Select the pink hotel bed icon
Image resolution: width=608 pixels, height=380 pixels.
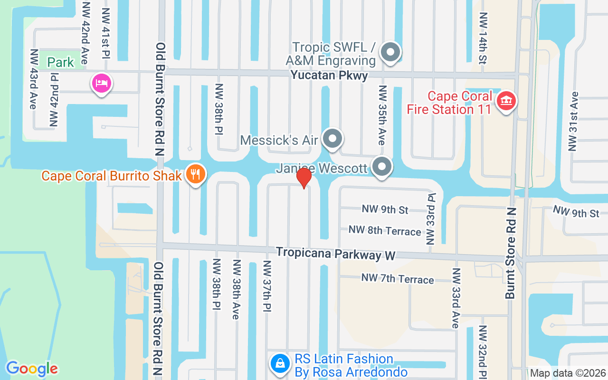point(101,84)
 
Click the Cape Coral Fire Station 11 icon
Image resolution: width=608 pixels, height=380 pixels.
point(506,101)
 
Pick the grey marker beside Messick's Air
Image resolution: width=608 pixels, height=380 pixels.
point(332,139)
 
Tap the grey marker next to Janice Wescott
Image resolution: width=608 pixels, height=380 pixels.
point(381,167)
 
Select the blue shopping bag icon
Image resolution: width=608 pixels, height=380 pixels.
point(281,364)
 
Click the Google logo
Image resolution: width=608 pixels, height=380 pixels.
point(32,369)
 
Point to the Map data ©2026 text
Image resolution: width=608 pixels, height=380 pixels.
point(568,373)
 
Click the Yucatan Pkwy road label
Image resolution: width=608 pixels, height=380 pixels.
point(329,76)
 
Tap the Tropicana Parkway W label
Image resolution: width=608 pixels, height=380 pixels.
point(336,253)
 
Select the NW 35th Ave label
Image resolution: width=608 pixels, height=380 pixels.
point(382,115)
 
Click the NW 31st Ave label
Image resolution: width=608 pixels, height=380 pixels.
point(574,121)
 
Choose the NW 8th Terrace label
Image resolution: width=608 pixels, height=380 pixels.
point(385,230)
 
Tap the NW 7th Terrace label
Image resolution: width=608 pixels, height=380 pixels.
point(398,278)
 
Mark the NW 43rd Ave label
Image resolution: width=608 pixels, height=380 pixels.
point(33,79)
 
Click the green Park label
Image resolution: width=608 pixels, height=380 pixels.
point(61,62)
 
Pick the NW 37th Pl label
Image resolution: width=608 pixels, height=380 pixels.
point(266,286)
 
